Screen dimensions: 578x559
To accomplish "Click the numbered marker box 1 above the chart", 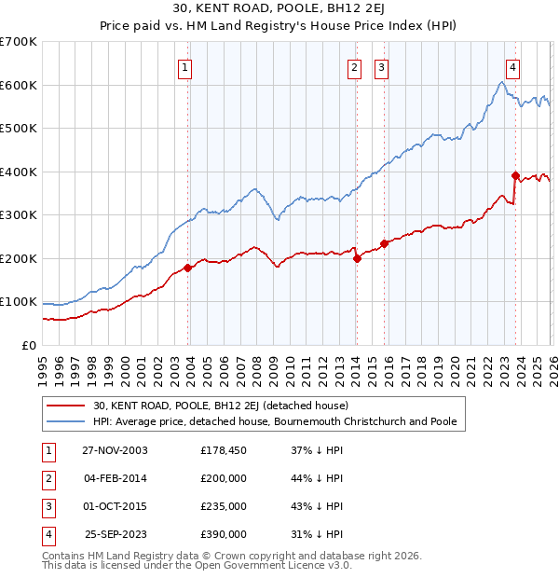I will (x=185, y=67).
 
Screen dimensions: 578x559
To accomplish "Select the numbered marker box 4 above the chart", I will (x=513, y=67).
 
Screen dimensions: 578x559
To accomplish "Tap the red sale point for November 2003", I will (x=188, y=268).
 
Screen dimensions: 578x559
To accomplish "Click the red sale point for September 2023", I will (x=515, y=175).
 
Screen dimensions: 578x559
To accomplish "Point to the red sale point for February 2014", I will (x=357, y=258).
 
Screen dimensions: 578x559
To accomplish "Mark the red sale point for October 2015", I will (x=384, y=243).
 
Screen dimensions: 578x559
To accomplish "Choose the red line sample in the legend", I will (x=67, y=406).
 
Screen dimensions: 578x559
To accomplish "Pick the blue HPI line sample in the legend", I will (x=67, y=421).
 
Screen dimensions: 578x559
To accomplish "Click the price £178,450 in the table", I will (x=224, y=450).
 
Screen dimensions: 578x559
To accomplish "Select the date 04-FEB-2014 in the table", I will (x=115, y=478).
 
